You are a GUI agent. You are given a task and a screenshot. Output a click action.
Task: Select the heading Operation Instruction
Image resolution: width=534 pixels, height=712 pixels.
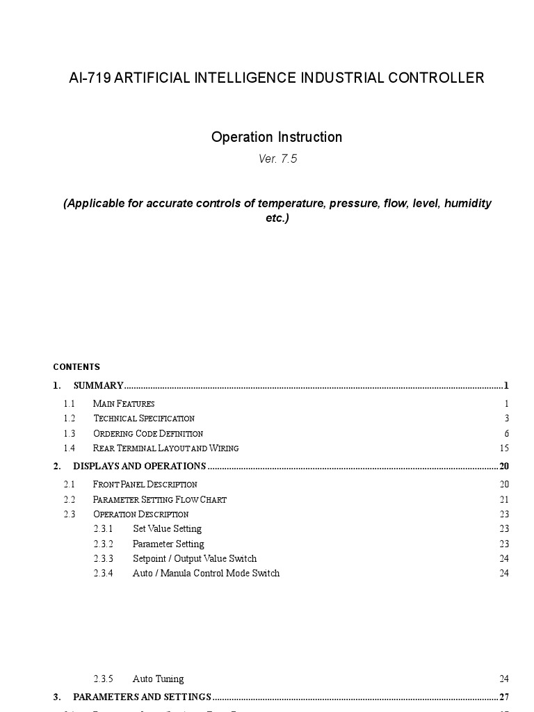(277, 137)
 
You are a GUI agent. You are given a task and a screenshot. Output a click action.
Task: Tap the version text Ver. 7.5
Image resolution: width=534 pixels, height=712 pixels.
(277, 159)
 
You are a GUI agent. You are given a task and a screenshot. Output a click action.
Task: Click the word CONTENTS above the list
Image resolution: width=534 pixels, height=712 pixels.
(76, 366)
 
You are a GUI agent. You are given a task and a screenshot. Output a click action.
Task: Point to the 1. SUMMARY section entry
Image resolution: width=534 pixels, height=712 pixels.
(98, 385)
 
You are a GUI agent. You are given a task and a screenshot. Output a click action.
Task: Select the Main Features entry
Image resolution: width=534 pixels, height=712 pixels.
(124, 403)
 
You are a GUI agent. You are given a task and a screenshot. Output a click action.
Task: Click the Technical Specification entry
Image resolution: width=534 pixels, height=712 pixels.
(144, 418)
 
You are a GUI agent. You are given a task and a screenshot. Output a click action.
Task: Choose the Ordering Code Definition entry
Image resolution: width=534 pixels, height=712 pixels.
(148, 433)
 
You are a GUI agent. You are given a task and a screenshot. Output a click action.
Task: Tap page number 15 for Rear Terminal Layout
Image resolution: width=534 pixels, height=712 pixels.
(504, 448)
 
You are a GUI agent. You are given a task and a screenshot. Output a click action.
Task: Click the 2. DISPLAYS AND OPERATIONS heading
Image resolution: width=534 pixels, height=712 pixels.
(139, 466)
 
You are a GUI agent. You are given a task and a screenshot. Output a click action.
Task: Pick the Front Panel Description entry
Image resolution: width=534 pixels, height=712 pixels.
(145, 484)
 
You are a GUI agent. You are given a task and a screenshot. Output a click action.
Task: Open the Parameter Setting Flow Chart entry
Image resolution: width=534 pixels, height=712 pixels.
(159, 499)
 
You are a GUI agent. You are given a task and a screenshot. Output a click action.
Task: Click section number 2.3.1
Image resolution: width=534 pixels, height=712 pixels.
(104, 529)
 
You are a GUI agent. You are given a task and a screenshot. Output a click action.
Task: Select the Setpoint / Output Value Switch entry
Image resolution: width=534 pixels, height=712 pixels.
(195, 558)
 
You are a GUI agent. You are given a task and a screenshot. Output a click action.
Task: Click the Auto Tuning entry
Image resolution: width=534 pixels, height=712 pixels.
(159, 679)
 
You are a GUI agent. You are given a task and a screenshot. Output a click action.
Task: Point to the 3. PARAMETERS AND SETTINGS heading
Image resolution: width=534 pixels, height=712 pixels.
(142, 697)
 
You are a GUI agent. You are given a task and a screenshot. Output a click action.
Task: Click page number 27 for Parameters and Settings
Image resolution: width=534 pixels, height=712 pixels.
(504, 697)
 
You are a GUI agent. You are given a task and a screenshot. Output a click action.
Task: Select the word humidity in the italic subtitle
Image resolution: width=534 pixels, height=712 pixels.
(468, 203)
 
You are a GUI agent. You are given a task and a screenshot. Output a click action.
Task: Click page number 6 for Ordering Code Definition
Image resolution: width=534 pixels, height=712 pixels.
(507, 433)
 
